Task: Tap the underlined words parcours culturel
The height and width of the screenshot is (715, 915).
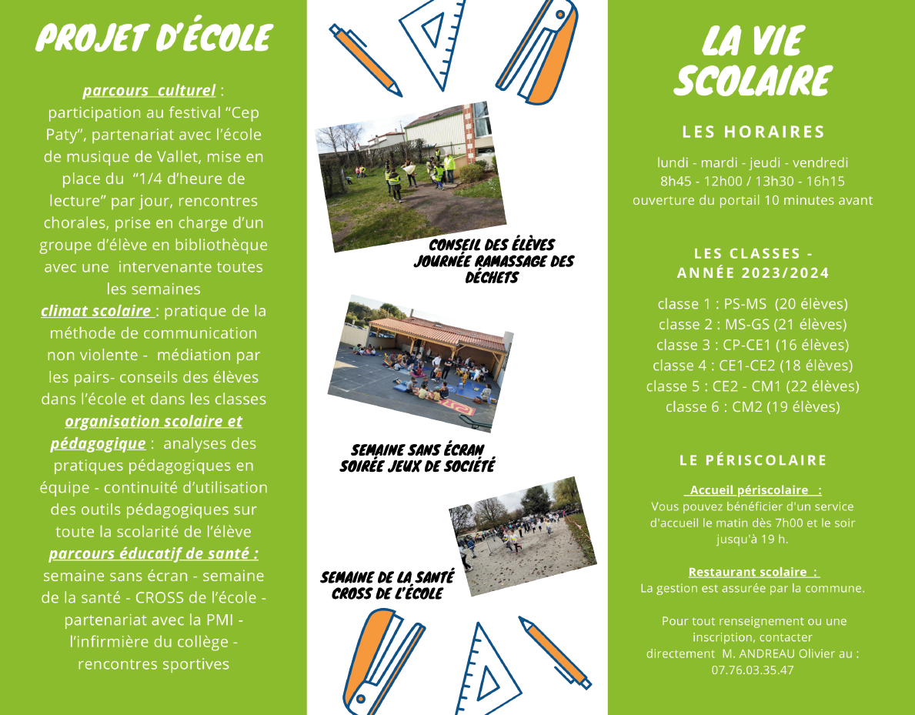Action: [149, 91]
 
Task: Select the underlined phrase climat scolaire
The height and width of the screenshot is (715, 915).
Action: [97, 312]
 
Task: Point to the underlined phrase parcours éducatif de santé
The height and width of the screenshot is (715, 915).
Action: [153, 554]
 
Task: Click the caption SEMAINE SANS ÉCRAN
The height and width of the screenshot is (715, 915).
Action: [417, 450]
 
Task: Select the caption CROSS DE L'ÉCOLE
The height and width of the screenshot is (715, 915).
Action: [387, 593]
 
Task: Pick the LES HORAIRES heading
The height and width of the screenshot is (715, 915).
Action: [753, 132]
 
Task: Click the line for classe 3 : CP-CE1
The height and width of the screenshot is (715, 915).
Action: [753, 345]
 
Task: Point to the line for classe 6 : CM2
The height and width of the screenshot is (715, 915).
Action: [753, 407]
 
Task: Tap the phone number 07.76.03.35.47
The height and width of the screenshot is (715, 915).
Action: [753, 670]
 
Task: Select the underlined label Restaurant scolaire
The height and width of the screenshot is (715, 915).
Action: [753, 572]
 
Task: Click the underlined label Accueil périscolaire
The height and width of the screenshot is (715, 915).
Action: [753, 490]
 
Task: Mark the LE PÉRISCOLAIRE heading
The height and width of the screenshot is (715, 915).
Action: [753, 460]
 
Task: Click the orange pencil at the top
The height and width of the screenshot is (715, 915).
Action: [366, 61]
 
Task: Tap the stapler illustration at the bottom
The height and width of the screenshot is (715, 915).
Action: [382, 659]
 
